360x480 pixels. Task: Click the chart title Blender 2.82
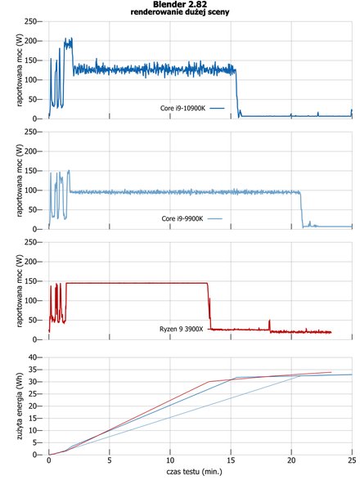(x=180, y=4)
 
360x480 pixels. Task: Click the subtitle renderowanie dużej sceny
(x=180, y=12)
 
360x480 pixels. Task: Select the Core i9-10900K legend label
(x=183, y=108)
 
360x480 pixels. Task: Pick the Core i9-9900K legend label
(x=182, y=218)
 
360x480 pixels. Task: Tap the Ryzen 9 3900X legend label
(x=181, y=329)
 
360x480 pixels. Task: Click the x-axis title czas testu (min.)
(x=194, y=472)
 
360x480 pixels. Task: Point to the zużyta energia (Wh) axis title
(x=20, y=406)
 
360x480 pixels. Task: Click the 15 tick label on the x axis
(x=231, y=460)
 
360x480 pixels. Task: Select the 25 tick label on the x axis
(x=352, y=460)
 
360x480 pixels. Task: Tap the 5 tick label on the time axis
(x=110, y=460)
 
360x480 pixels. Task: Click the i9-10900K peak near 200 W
(x=69, y=43)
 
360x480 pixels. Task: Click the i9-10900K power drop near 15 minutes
(x=236, y=93)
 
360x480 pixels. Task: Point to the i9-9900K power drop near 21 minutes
(x=301, y=209)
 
